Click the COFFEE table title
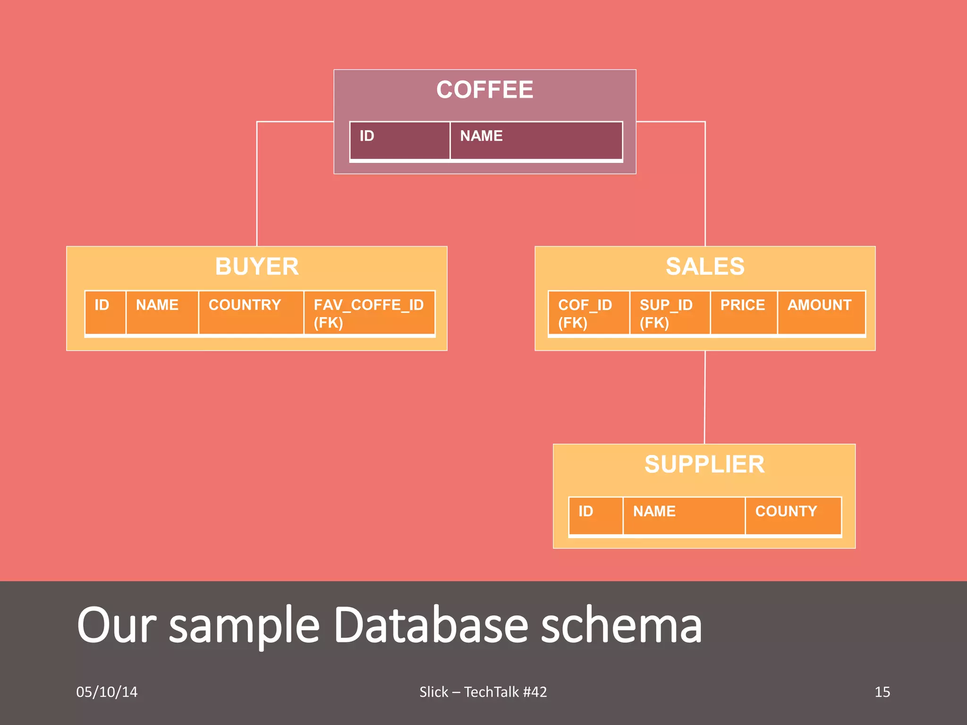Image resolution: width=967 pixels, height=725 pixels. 484,90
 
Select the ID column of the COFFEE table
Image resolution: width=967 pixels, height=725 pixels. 399,140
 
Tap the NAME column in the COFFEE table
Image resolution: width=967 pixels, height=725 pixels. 536,140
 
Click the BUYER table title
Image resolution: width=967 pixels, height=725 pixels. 257,266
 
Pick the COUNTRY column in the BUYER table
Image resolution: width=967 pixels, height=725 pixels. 251,312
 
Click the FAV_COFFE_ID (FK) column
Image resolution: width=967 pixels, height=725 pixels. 369,313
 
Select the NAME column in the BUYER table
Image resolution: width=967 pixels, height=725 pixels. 162,312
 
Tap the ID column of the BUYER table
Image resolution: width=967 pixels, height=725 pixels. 105,312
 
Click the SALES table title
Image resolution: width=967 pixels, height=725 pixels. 705,266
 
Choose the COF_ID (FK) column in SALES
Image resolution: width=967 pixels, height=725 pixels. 588,313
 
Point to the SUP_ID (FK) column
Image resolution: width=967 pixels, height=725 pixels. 670,313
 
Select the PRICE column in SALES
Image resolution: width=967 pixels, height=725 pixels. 743,312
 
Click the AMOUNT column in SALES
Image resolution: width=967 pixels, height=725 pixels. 821,312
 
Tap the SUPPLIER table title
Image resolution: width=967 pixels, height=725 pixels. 704,464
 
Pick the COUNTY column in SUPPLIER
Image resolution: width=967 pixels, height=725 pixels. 793,515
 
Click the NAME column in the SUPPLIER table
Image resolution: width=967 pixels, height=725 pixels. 684,515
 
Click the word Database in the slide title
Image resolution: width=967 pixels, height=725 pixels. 431,625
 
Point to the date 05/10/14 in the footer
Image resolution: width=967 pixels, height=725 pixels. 107,692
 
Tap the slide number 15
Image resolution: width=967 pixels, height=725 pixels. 882,692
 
